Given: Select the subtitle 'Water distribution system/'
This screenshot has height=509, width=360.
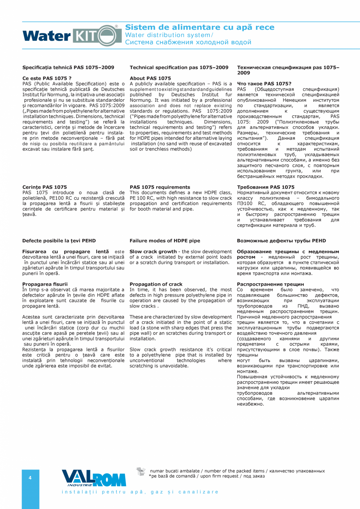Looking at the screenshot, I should coord(169,34).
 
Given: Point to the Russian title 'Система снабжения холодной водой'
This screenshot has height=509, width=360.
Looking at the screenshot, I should coord(188,42).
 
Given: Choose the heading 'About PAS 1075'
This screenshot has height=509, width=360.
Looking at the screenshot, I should coord(150,78).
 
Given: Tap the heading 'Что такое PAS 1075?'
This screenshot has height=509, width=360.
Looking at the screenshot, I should coord(264,84).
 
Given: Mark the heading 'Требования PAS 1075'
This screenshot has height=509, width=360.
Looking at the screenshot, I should coord(266,187).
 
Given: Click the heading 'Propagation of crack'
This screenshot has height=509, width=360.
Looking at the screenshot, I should coord(156,284).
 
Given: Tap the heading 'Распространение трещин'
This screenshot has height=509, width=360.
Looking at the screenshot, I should coord(270,284).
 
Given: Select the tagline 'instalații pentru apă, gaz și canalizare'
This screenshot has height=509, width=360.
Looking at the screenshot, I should coord(140,492).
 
